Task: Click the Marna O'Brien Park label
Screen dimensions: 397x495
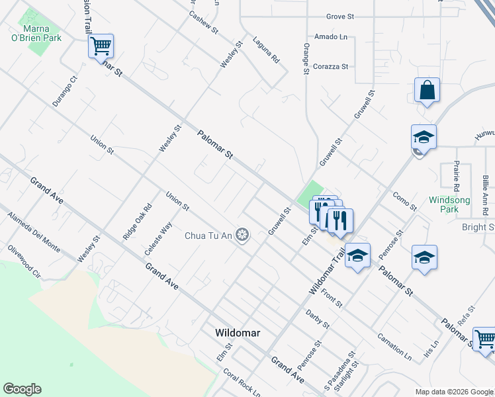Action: coord(42,34)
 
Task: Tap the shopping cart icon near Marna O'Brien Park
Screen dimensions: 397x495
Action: coord(101,47)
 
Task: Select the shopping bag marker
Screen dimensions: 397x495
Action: coord(427,90)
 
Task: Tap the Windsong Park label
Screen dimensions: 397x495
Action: coord(449,204)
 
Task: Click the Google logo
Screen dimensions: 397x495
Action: coord(22,389)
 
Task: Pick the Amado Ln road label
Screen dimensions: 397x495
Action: coord(331,36)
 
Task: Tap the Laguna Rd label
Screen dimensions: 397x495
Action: coord(266,50)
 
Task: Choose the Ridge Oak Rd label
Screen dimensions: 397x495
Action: coord(137,221)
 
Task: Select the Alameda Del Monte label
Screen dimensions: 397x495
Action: coord(33,232)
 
